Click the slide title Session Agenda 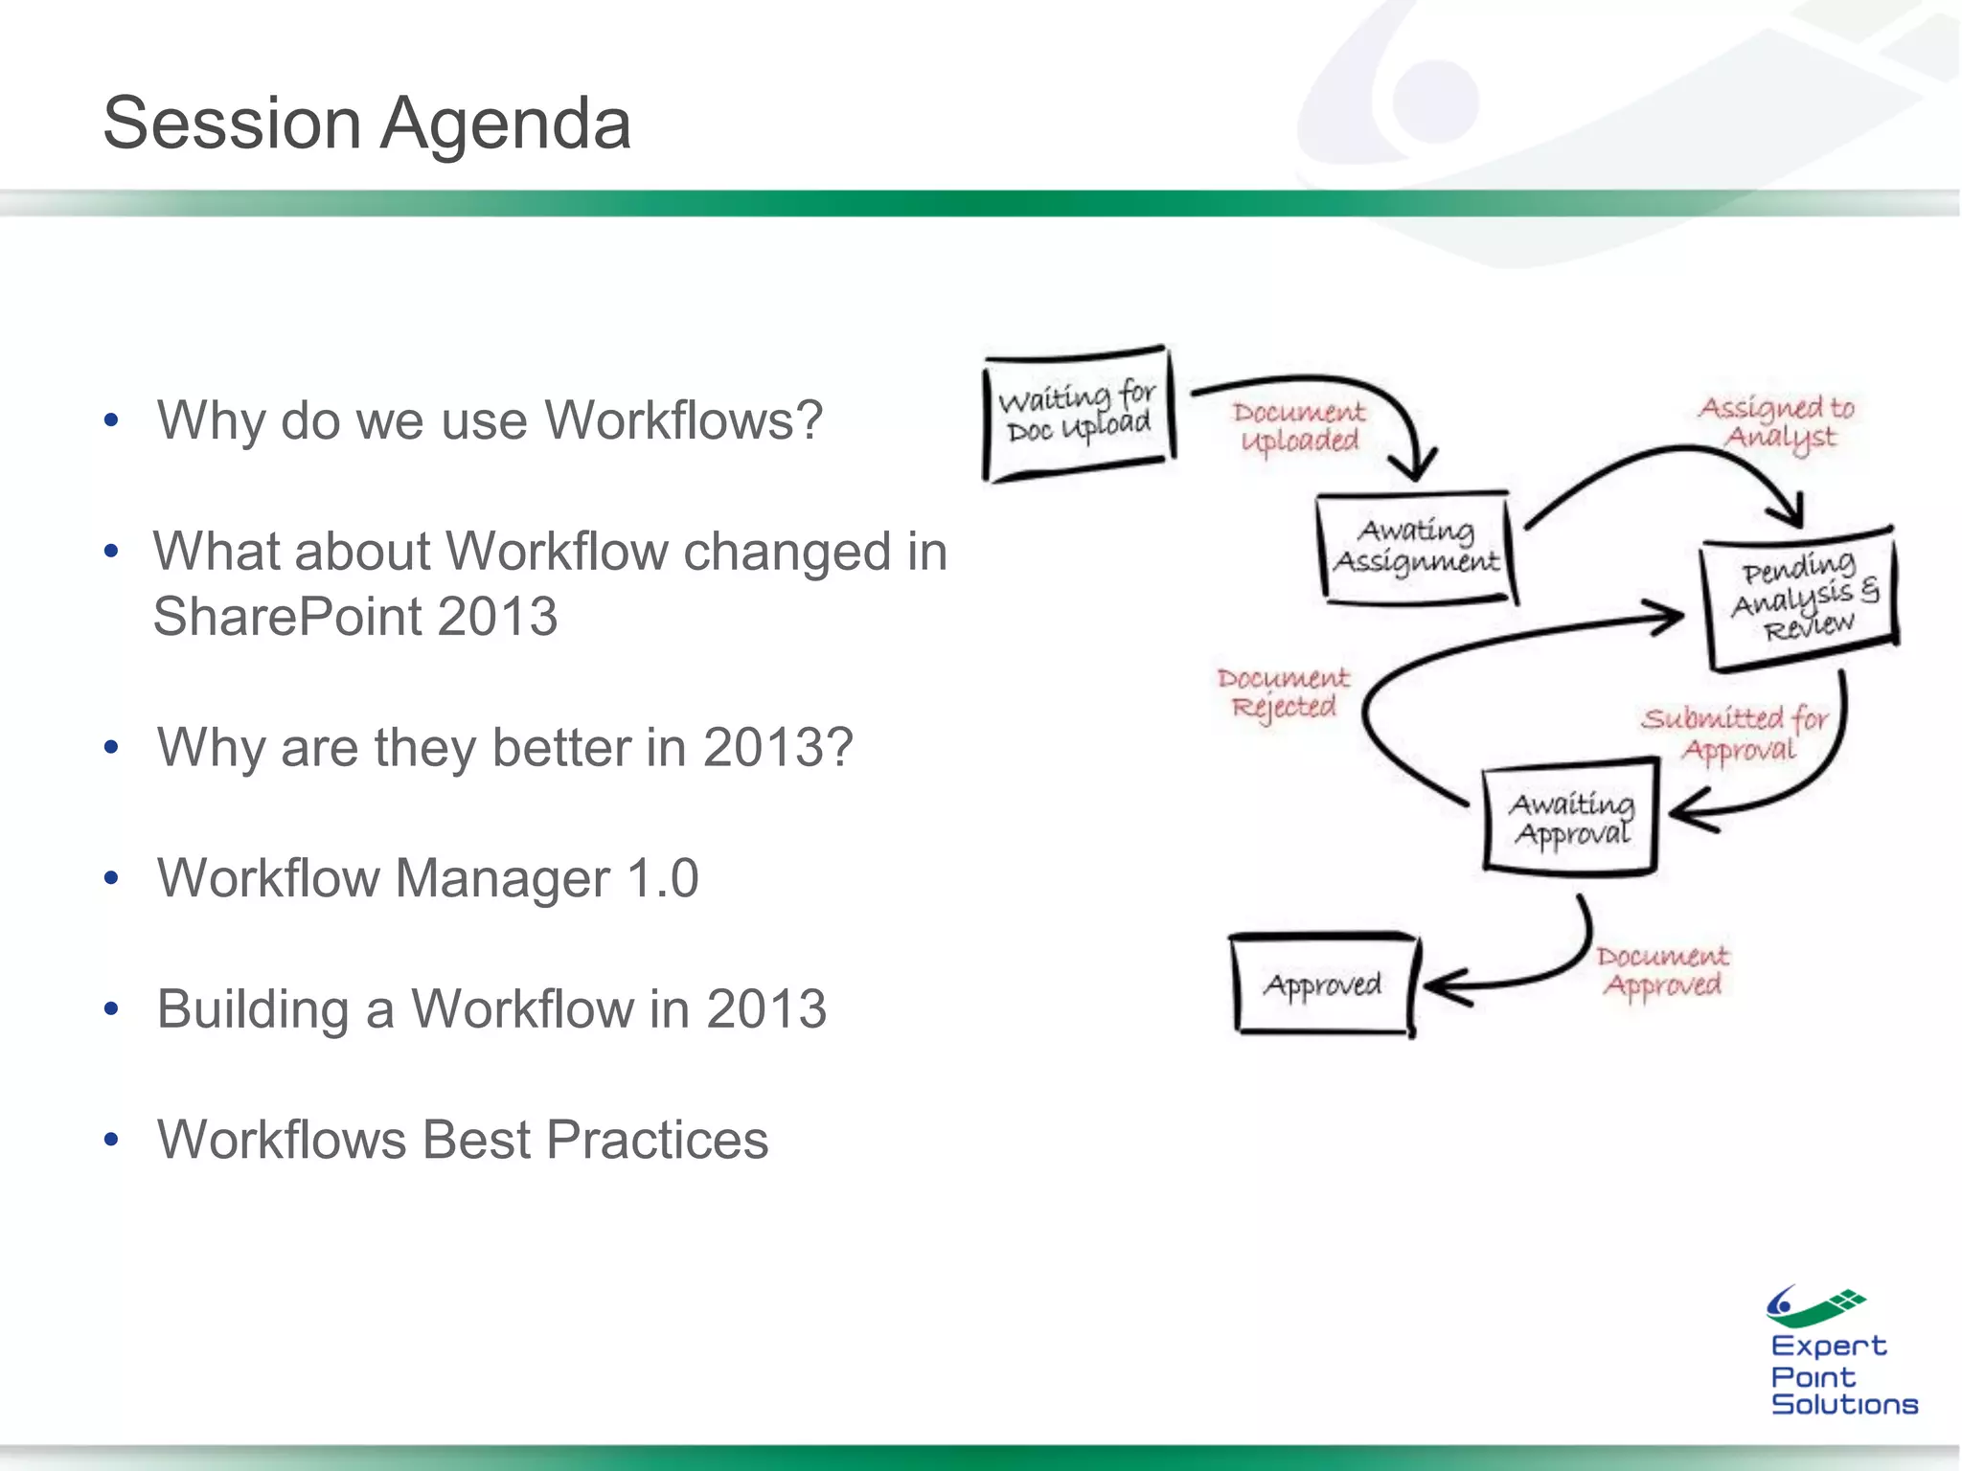[367, 124]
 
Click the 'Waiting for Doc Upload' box [1079, 414]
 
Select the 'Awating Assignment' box [1416, 547]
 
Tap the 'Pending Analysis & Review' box [1799, 598]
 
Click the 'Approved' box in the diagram [1322, 984]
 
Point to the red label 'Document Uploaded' [1299, 426]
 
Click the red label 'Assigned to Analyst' [1778, 421]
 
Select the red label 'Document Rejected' [1283, 692]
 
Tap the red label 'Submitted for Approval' [1736, 733]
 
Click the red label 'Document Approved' [1662, 970]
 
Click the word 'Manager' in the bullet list [502, 878]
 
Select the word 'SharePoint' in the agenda [286, 617]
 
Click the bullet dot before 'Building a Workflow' [112, 1009]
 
